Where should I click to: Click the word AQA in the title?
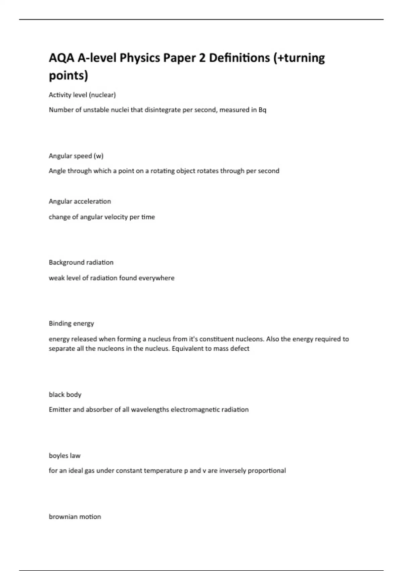coord(61,58)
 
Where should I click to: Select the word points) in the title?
coord(69,75)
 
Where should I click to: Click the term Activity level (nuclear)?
coord(82,95)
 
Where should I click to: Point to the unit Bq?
coord(262,110)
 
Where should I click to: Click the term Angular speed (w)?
coord(76,156)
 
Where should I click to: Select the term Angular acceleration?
coord(80,202)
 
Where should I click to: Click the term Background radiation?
coord(81,262)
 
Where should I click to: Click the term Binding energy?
coord(72,323)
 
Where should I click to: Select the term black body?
coord(65,395)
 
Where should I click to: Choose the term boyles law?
coord(65,456)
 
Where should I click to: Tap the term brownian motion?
coord(75,517)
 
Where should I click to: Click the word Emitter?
coord(59,410)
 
